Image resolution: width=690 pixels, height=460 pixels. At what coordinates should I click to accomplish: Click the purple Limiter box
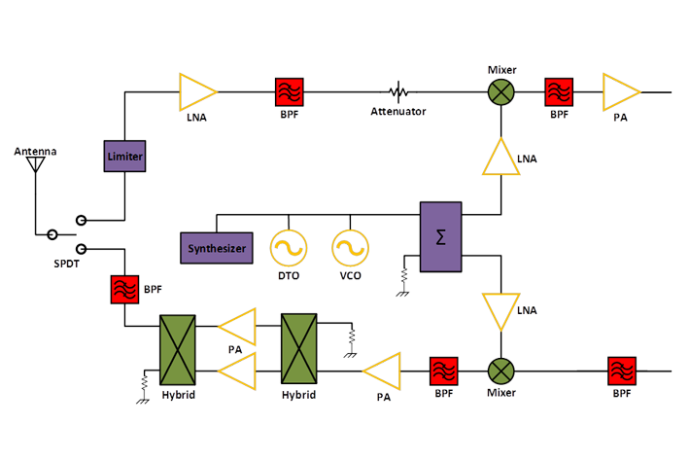pos(124,157)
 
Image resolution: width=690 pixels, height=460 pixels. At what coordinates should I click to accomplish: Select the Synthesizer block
pos(216,248)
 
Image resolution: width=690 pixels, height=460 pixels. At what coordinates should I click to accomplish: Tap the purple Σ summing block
pos(440,237)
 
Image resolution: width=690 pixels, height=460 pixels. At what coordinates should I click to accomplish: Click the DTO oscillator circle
pos(289,248)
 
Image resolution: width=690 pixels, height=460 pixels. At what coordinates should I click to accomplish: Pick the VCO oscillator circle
pos(349,248)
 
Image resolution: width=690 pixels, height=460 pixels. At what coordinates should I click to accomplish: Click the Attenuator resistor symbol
pos(397,92)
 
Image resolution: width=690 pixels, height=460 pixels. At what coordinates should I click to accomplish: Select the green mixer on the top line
pos(500,92)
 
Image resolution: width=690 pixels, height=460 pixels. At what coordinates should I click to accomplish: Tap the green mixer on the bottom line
pos(500,372)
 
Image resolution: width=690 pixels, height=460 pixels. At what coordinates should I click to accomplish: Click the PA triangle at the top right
pos(619,92)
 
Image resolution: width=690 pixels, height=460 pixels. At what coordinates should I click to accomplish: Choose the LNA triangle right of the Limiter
pos(196,92)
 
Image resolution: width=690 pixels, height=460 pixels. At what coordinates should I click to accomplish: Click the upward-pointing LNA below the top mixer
pos(500,157)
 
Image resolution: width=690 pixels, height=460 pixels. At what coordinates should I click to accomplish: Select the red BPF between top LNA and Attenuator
pos(290,92)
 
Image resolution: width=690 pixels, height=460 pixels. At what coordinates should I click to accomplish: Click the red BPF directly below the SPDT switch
pos(124,290)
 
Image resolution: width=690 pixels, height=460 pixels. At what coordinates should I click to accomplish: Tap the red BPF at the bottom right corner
pos(621,372)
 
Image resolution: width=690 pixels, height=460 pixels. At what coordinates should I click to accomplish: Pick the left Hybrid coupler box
pos(178,351)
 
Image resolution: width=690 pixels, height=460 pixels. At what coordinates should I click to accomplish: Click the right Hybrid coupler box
pos(298,351)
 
